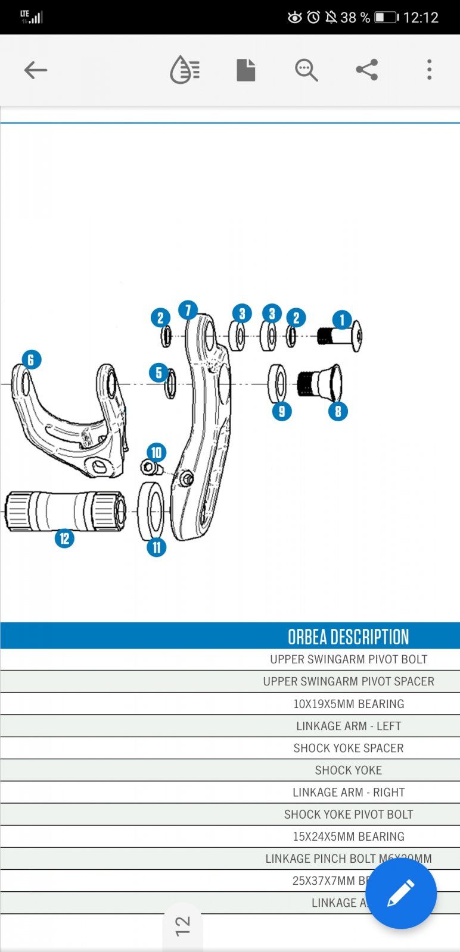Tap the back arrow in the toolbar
click(x=35, y=70)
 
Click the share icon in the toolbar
click(x=366, y=70)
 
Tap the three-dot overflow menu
click(x=429, y=70)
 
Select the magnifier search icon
click(x=306, y=70)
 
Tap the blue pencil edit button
click(x=401, y=893)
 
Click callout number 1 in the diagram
click(x=342, y=320)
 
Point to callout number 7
click(x=188, y=310)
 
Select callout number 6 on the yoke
click(x=31, y=359)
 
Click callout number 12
click(x=64, y=538)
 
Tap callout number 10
click(x=156, y=453)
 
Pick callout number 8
click(x=338, y=411)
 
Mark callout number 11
click(x=156, y=547)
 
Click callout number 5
click(x=158, y=373)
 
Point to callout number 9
click(x=282, y=411)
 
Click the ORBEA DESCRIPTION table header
click(x=348, y=637)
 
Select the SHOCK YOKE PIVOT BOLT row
click(x=348, y=814)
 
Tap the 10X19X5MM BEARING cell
click(x=348, y=704)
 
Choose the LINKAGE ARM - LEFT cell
click(x=348, y=726)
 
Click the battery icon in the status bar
click(x=386, y=17)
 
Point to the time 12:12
click(x=421, y=17)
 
